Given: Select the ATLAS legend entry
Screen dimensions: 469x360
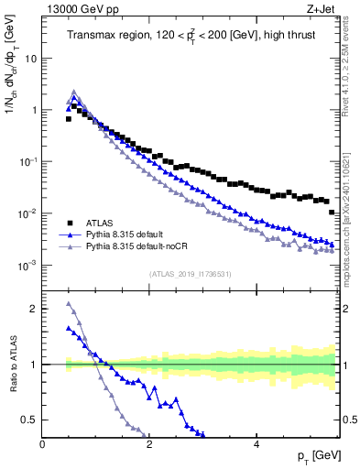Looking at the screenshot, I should tap(100, 222).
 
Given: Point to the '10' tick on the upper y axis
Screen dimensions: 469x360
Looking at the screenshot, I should tap(30, 58).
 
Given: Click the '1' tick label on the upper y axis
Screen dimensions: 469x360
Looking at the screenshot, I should tap(33, 110).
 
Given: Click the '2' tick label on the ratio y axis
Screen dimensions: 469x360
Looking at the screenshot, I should tap(33, 309).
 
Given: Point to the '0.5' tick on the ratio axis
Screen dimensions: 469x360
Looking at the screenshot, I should tap(29, 420).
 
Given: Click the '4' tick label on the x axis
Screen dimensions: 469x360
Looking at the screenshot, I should tap(256, 444).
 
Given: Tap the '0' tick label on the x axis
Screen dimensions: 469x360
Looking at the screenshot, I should tap(43, 444).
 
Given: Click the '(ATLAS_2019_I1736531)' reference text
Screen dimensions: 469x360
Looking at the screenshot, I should tap(190, 275).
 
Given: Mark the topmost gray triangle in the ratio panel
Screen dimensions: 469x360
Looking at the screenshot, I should tap(69, 304).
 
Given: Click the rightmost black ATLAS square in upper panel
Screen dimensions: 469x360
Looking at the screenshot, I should tap(332, 212).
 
